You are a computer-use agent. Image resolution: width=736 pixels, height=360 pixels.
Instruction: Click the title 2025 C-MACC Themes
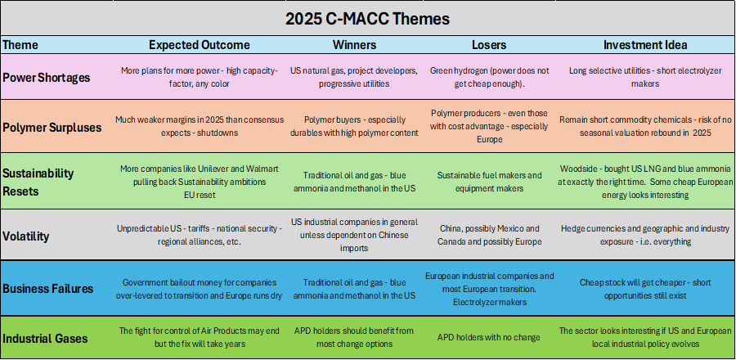pyautogui.click(x=367, y=19)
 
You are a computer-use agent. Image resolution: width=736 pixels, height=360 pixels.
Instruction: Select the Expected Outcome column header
pyautogui.click(x=200, y=45)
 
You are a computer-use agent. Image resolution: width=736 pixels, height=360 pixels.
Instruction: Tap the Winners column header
pyautogui.click(x=354, y=45)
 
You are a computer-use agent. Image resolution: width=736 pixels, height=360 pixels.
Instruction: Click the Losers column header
pyautogui.click(x=489, y=45)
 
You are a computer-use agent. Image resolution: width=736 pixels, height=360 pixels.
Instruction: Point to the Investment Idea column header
pyautogui.click(x=645, y=45)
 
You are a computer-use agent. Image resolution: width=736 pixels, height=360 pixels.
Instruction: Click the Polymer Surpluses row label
pyautogui.click(x=52, y=127)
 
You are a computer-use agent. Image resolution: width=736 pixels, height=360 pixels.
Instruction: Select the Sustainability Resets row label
pyautogui.click(x=38, y=182)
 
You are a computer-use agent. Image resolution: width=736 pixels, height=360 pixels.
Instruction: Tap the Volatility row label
pyautogui.click(x=26, y=236)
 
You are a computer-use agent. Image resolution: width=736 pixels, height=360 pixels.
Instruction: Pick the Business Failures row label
pyautogui.click(x=48, y=289)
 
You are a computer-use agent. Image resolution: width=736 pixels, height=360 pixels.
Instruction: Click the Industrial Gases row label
pyautogui.click(x=45, y=338)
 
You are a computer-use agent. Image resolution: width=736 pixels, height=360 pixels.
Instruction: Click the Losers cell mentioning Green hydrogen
pyautogui.click(x=489, y=77)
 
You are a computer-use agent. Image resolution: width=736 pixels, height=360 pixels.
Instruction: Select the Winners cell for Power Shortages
pyautogui.click(x=354, y=77)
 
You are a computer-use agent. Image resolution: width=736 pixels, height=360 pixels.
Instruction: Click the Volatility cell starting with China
pyautogui.click(x=489, y=235)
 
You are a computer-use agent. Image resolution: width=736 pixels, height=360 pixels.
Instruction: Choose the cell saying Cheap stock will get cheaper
pyautogui.click(x=645, y=289)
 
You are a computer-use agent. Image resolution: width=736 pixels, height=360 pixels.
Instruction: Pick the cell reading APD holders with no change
pyautogui.click(x=489, y=337)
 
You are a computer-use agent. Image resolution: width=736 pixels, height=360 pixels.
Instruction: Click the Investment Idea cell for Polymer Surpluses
pyautogui.click(x=645, y=126)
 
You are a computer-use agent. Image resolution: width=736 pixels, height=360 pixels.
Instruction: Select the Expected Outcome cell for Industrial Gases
pyautogui.click(x=200, y=337)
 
